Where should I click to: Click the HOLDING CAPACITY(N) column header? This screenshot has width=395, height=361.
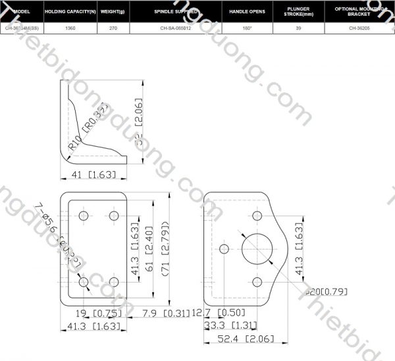point(70,12)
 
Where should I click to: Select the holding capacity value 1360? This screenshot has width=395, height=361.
point(70,28)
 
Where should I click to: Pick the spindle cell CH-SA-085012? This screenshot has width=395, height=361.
point(176,28)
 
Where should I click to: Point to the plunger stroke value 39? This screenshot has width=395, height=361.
point(298,28)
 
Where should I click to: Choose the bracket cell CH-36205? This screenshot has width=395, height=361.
point(359,28)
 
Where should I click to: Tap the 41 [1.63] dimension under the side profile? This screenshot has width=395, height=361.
point(93,175)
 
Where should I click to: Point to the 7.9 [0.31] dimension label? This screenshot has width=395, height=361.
point(163,314)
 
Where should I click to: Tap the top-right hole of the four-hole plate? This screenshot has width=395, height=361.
point(114,216)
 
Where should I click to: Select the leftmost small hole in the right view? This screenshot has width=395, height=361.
point(224,248)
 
